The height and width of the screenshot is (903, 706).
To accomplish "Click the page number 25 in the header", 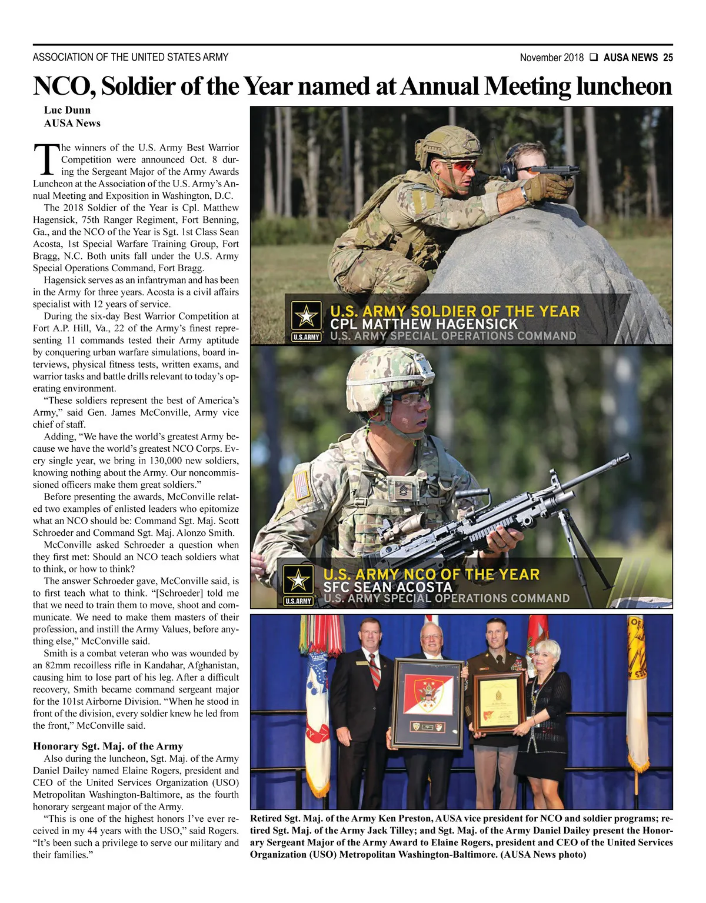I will coord(668,58).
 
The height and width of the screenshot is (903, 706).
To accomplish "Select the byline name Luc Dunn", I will coord(67,110).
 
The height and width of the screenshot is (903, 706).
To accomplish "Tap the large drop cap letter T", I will coord(45,159).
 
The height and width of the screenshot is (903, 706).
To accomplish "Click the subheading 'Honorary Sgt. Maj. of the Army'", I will coord(108,746).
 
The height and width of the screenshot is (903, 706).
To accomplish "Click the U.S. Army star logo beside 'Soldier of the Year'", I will coord(307,316).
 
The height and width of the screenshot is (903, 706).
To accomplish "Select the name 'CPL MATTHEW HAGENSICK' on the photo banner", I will coord(424,324).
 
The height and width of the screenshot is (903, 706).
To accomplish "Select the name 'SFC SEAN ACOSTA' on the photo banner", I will coord(388,587).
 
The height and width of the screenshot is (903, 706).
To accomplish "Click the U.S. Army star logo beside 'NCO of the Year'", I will coord(298,580).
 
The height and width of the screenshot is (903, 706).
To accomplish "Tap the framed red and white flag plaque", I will coord(428,702).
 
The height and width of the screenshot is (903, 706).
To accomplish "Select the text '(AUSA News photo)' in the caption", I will coord(543,855).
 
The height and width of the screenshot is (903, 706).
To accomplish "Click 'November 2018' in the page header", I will coord(551,58).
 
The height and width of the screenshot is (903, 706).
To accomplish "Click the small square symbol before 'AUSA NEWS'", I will coord(594,58).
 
